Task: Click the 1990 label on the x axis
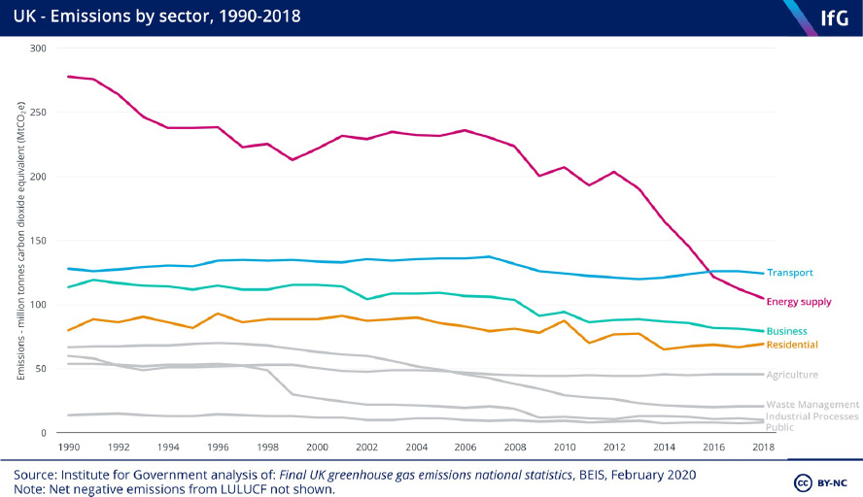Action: (x=68, y=447)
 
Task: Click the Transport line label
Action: (x=789, y=273)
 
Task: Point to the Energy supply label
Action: (x=799, y=302)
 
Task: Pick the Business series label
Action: (x=786, y=332)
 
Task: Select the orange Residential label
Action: (x=792, y=345)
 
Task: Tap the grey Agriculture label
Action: (x=792, y=375)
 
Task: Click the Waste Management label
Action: (x=812, y=405)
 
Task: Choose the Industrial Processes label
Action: (x=812, y=416)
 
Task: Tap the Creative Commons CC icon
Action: (x=804, y=482)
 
